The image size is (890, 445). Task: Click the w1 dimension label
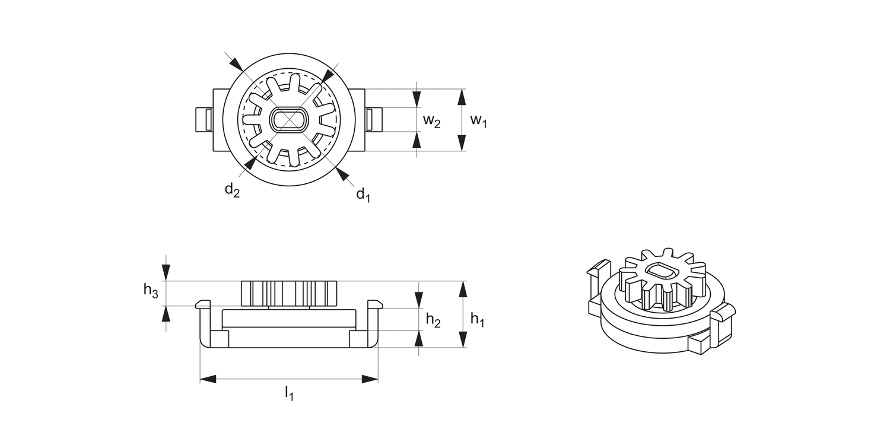tap(478, 120)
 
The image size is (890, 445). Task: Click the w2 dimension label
tap(431, 121)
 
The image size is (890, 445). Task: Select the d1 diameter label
tap(363, 195)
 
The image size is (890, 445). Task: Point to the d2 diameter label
tap(231, 190)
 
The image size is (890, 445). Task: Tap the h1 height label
tap(478, 319)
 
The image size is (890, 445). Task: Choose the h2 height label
tap(433, 320)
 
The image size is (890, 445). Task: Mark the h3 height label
tap(151, 290)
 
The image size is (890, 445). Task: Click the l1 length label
tap(289, 393)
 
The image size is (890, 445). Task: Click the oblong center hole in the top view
tap(289, 120)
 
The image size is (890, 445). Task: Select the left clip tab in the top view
tap(204, 120)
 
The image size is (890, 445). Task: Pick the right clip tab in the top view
tap(373, 120)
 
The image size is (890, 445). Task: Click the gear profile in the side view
tap(289, 293)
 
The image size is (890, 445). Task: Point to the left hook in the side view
tap(204, 306)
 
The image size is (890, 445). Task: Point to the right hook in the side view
tap(374, 306)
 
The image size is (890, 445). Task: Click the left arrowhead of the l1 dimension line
tap(208, 379)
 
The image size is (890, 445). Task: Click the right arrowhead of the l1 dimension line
tap(370, 379)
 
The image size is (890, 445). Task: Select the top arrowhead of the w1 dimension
tap(462, 97)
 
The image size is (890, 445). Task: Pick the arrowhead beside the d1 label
tap(341, 173)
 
